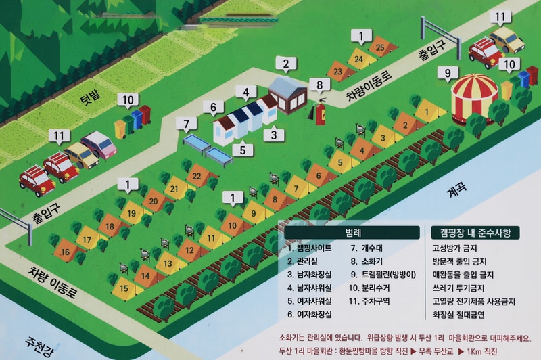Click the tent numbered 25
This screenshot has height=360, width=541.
pos(380,47)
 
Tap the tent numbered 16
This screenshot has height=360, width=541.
pos(66,252)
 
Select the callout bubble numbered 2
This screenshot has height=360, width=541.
pos(286,66)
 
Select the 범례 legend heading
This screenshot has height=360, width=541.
pos(352,232)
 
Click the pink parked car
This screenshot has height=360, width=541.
pos(99,143)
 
